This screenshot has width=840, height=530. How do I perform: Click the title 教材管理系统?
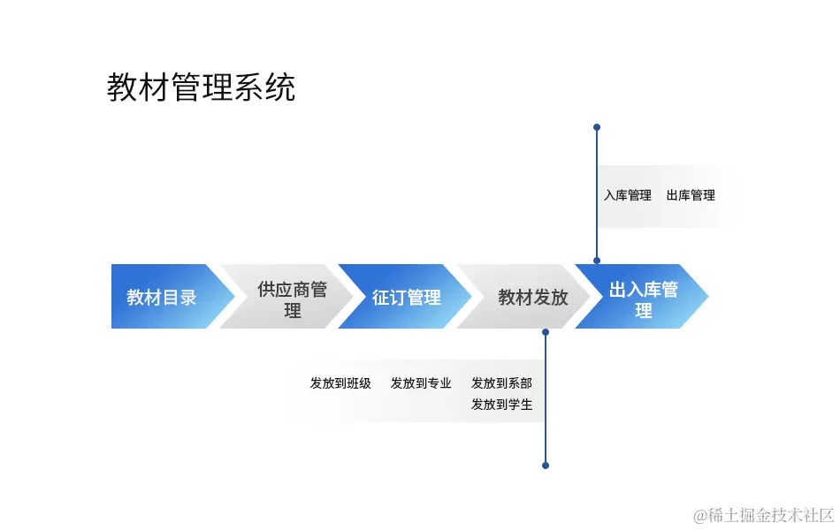point(201,87)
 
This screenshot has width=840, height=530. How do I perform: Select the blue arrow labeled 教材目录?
point(162,297)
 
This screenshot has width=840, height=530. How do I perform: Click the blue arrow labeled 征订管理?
point(406,297)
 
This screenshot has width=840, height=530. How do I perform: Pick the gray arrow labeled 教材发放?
point(532,297)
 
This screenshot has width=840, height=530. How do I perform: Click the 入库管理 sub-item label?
point(628,195)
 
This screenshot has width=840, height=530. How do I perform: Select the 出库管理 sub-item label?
point(691,195)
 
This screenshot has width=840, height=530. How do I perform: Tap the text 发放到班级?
point(340,383)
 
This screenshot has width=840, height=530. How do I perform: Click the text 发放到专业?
point(421,383)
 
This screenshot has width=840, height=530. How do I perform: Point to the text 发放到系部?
point(501,383)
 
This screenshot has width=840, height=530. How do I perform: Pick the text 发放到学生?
point(501,405)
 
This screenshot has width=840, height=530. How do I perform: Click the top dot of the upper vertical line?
point(597,127)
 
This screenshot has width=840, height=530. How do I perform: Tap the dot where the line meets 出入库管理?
point(597,261)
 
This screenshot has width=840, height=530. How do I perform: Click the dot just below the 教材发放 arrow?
point(546,332)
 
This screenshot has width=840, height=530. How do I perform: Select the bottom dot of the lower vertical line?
point(546,465)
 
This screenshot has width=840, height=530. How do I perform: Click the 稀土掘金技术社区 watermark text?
point(770,514)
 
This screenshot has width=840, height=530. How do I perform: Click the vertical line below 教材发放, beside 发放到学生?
point(546,405)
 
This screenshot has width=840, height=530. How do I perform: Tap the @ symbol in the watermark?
point(699,514)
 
